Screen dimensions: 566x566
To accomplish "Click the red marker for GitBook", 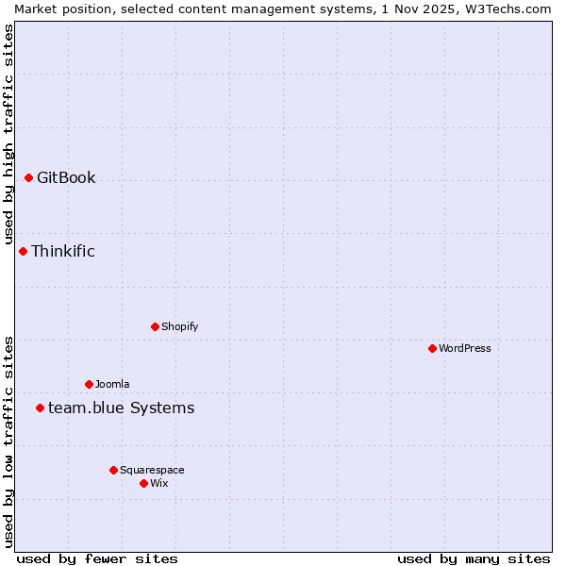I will pos(28,177).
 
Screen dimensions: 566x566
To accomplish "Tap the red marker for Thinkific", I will pos(23,251).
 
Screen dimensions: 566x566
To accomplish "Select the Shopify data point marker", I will pos(155,326).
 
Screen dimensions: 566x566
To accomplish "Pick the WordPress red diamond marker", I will pos(432,348).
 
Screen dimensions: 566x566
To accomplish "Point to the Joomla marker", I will pos(89,384).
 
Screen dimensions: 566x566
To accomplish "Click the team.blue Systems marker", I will pos(40,408).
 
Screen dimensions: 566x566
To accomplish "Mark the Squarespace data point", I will pos(113,470).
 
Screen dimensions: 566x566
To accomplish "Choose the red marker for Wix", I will pos(143,483).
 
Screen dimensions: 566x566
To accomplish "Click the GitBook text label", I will pos(66,177).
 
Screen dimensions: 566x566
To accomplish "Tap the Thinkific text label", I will pos(63,251).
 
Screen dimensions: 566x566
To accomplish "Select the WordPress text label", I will pos(464,348).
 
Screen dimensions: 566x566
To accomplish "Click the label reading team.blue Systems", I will pos(121,408).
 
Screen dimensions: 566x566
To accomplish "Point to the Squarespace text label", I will pos(152,470).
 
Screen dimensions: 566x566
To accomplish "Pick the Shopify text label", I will pos(179,326).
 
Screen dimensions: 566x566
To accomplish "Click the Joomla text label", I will pos(112,384).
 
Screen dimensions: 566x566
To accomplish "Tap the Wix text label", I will pos(158,483).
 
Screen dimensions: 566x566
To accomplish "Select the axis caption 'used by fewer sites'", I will pos(97,558).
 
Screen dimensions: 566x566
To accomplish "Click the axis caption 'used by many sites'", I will pos(474,558).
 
